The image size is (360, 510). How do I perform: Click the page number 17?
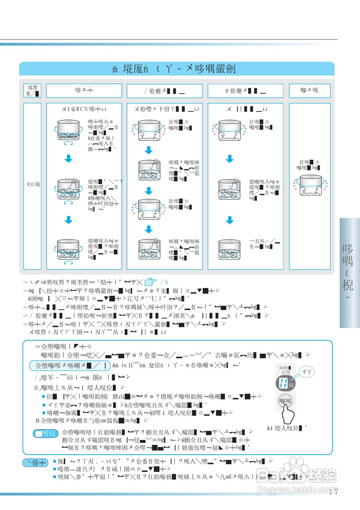(x=334, y=492)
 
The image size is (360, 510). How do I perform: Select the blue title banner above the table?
(x=176, y=69)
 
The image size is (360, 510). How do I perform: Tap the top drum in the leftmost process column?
(x=69, y=129)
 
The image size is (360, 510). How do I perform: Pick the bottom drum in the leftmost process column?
(x=69, y=249)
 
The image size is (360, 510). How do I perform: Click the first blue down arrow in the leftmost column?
(x=69, y=159)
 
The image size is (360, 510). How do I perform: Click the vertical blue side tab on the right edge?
(x=349, y=273)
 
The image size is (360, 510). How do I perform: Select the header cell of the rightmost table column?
(x=309, y=90)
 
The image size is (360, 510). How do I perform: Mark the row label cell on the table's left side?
(x=32, y=185)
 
